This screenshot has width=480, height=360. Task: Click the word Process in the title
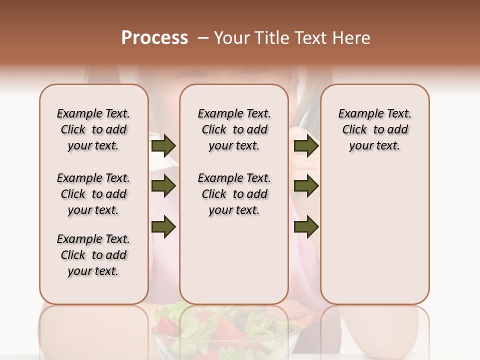tap(154, 38)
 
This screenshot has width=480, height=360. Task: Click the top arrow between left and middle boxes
tap(163, 146)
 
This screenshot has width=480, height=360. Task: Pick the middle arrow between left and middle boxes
tap(163, 186)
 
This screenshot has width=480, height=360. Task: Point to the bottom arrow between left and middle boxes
tap(163, 227)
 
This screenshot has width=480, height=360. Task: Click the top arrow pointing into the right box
tap(306, 146)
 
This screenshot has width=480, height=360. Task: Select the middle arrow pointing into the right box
tap(306, 186)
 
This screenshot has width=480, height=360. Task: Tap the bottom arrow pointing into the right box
tap(306, 227)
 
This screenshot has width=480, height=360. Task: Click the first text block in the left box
tap(93, 129)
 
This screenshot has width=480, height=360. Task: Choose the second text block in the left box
tap(93, 194)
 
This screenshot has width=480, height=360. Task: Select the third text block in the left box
tap(93, 255)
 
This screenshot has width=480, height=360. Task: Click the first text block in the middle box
tap(234, 129)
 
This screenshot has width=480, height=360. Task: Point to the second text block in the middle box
tap(234, 194)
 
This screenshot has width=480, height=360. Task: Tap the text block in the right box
tap(375, 129)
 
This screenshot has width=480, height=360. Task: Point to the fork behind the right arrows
tap(305, 120)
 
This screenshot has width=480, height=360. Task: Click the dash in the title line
tap(202, 38)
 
